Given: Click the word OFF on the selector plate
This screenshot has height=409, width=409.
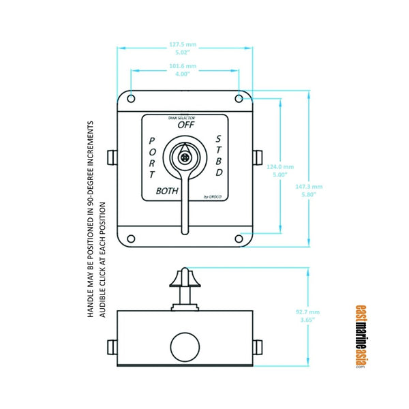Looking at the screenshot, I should pos(185,125).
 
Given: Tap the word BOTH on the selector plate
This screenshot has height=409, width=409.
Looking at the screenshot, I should pos(167,191).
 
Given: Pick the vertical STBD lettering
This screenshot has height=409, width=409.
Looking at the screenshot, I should pos(218,155).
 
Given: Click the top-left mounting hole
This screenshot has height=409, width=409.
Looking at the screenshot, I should pos(130,100).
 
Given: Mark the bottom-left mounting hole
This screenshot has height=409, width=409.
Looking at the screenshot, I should pos(130,239).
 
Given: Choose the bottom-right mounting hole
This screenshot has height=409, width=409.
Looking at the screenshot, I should pos(239,239).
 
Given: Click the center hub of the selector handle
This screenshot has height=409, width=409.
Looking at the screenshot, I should pos(184,156).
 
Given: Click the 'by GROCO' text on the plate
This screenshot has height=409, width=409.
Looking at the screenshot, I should pos(213,198).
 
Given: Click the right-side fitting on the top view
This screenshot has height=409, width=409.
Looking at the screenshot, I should pos(258,157).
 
